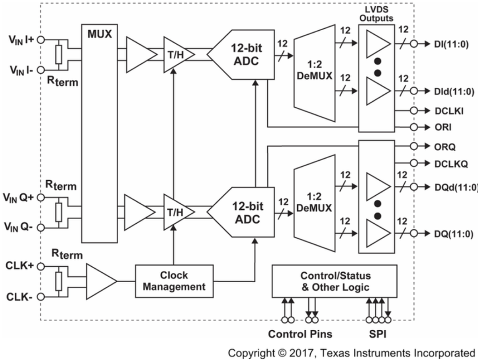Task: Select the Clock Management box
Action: pyautogui.click(x=174, y=281)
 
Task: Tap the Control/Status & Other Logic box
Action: pyautogui.click(x=334, y=281)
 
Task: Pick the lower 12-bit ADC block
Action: pyautogui.click(x=243, y=213)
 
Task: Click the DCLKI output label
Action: pyautogui.click(x=449, y=111)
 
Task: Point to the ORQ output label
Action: pyautogui.click(x=445, y=146)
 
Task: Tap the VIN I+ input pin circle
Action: pyautogui.click(x=41, y=39)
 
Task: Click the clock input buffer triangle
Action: pyautogui.click(x=100, y=281)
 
